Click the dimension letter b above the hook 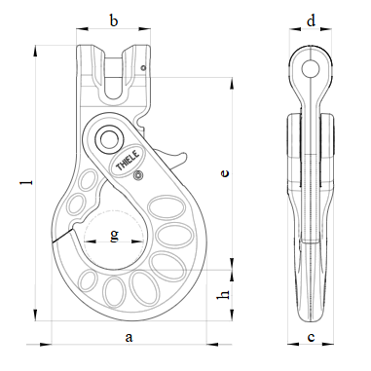pyautogui.click(x=114, y=20)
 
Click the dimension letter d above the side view pyautogui.click(x=311, y=20)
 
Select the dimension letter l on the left pyautogui.click(x=30, y=182)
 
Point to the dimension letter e pyautogui.click(x=225, y=172)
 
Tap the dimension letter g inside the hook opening pyautogui.click(x=114, y=236)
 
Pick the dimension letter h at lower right pyautogui.click(x=224, y=294)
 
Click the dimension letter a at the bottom pyautogui.click(x=129, y=337)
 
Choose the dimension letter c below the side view pyautogui.click(x=311, y=338)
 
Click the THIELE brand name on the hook pyautogui.click(x=128, y=160)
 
